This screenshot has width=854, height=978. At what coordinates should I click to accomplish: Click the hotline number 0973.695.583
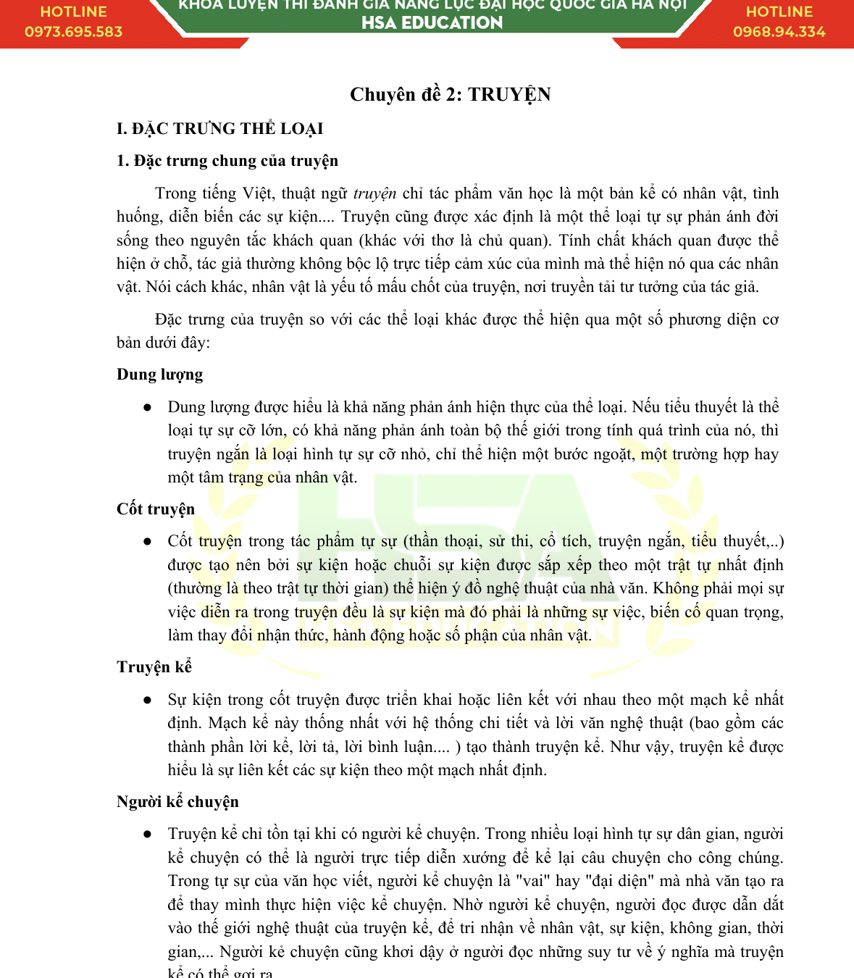[73, 32]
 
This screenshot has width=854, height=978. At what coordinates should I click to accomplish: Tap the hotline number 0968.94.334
[779, 32]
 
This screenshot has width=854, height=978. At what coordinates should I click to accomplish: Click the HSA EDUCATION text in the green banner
[432, 23]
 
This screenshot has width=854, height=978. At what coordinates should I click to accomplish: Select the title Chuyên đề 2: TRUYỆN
[450, 95]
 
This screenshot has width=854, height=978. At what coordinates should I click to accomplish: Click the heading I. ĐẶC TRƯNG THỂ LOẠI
[219, 129]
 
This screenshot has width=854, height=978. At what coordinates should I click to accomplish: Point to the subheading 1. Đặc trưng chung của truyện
[227, 161]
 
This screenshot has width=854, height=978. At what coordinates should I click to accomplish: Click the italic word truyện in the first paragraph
[374, 193]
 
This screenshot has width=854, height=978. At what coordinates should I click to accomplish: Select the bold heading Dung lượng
[159, 375]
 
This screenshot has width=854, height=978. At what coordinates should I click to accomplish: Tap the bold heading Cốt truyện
[155, 509]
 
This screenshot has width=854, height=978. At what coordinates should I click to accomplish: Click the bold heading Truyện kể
[154, 667]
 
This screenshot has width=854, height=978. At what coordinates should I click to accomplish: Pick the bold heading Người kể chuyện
[177, 802]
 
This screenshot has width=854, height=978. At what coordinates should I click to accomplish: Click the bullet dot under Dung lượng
[148, 408]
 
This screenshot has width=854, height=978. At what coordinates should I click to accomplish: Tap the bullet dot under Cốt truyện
[148, 542]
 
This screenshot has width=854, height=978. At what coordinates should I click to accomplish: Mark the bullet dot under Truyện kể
[148, 701]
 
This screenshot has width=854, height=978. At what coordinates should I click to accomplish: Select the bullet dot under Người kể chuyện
[148, 835]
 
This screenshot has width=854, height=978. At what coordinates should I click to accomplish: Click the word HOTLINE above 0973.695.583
[73, 12]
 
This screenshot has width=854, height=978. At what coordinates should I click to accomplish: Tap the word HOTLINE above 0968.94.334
[779, 12]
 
